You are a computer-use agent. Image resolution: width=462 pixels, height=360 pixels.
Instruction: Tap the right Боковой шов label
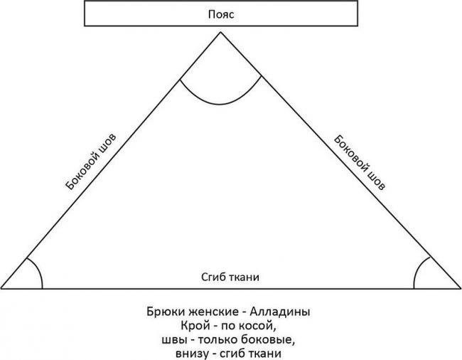361,162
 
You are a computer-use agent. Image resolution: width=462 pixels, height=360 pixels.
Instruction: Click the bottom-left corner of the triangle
3,288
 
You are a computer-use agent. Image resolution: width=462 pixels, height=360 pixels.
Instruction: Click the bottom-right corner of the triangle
458,288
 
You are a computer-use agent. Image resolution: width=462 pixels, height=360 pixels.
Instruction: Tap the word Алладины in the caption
281,312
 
